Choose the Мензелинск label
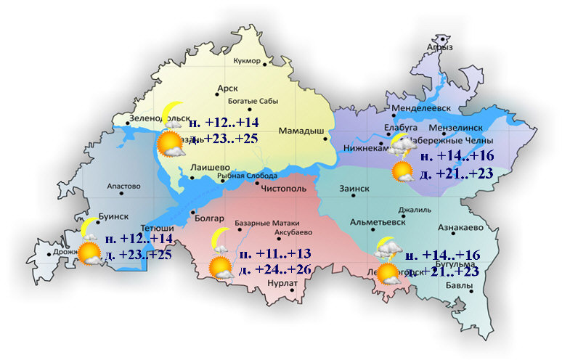462,124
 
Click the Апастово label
123,187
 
